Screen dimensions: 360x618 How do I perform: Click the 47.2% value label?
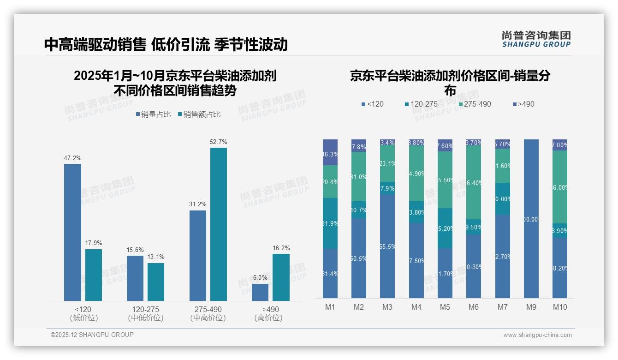click(x=72, y=158)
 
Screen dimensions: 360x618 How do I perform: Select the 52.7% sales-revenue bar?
click(x=219, y=224)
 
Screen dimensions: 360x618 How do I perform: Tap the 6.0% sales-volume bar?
click(x=260, y=292)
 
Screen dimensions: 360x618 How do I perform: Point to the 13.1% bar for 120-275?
click(x=156, y=282)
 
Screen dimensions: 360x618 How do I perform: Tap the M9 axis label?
click(x=531, y=307)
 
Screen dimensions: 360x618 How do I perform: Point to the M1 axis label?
click(x=330, y=307)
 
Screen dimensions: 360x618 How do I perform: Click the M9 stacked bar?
click(x=531, y=219)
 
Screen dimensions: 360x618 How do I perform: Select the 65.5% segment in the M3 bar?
click(x=387, y=246)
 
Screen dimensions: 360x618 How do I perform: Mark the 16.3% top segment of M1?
click(x=330, y=152)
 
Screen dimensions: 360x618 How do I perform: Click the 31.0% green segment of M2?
click(x=359, y=176)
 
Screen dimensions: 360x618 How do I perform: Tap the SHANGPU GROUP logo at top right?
click(x=536, y=39)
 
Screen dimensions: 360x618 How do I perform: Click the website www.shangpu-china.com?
click(x=537, y=335)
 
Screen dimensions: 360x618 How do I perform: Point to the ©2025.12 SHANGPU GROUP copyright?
click(x=92, y=335)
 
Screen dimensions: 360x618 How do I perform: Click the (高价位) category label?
click(x=268, y=318)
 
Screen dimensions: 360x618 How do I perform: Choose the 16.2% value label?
click(x=281, y=248)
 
